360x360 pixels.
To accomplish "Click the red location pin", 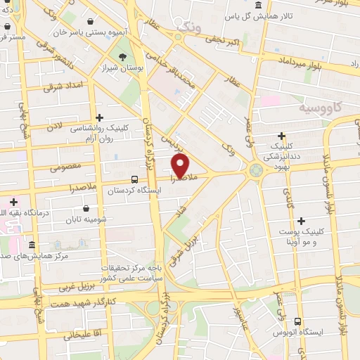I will tap(180, 166).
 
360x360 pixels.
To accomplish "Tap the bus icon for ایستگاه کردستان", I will tap(134, 179).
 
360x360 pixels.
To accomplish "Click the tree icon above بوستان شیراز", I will tap(123, 58).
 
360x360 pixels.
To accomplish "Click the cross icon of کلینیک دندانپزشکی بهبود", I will tap(281, 136).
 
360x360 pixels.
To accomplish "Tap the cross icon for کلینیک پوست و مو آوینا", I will tap(302, 221).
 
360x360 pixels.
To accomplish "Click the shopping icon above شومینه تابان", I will tap(86, 208).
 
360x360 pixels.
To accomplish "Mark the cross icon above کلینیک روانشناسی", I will tap(99, 117).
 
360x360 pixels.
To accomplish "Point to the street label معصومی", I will tap(66, 167).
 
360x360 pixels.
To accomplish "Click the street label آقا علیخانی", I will tap(82, 334).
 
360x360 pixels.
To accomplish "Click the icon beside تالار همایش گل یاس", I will tap(259, 6).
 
